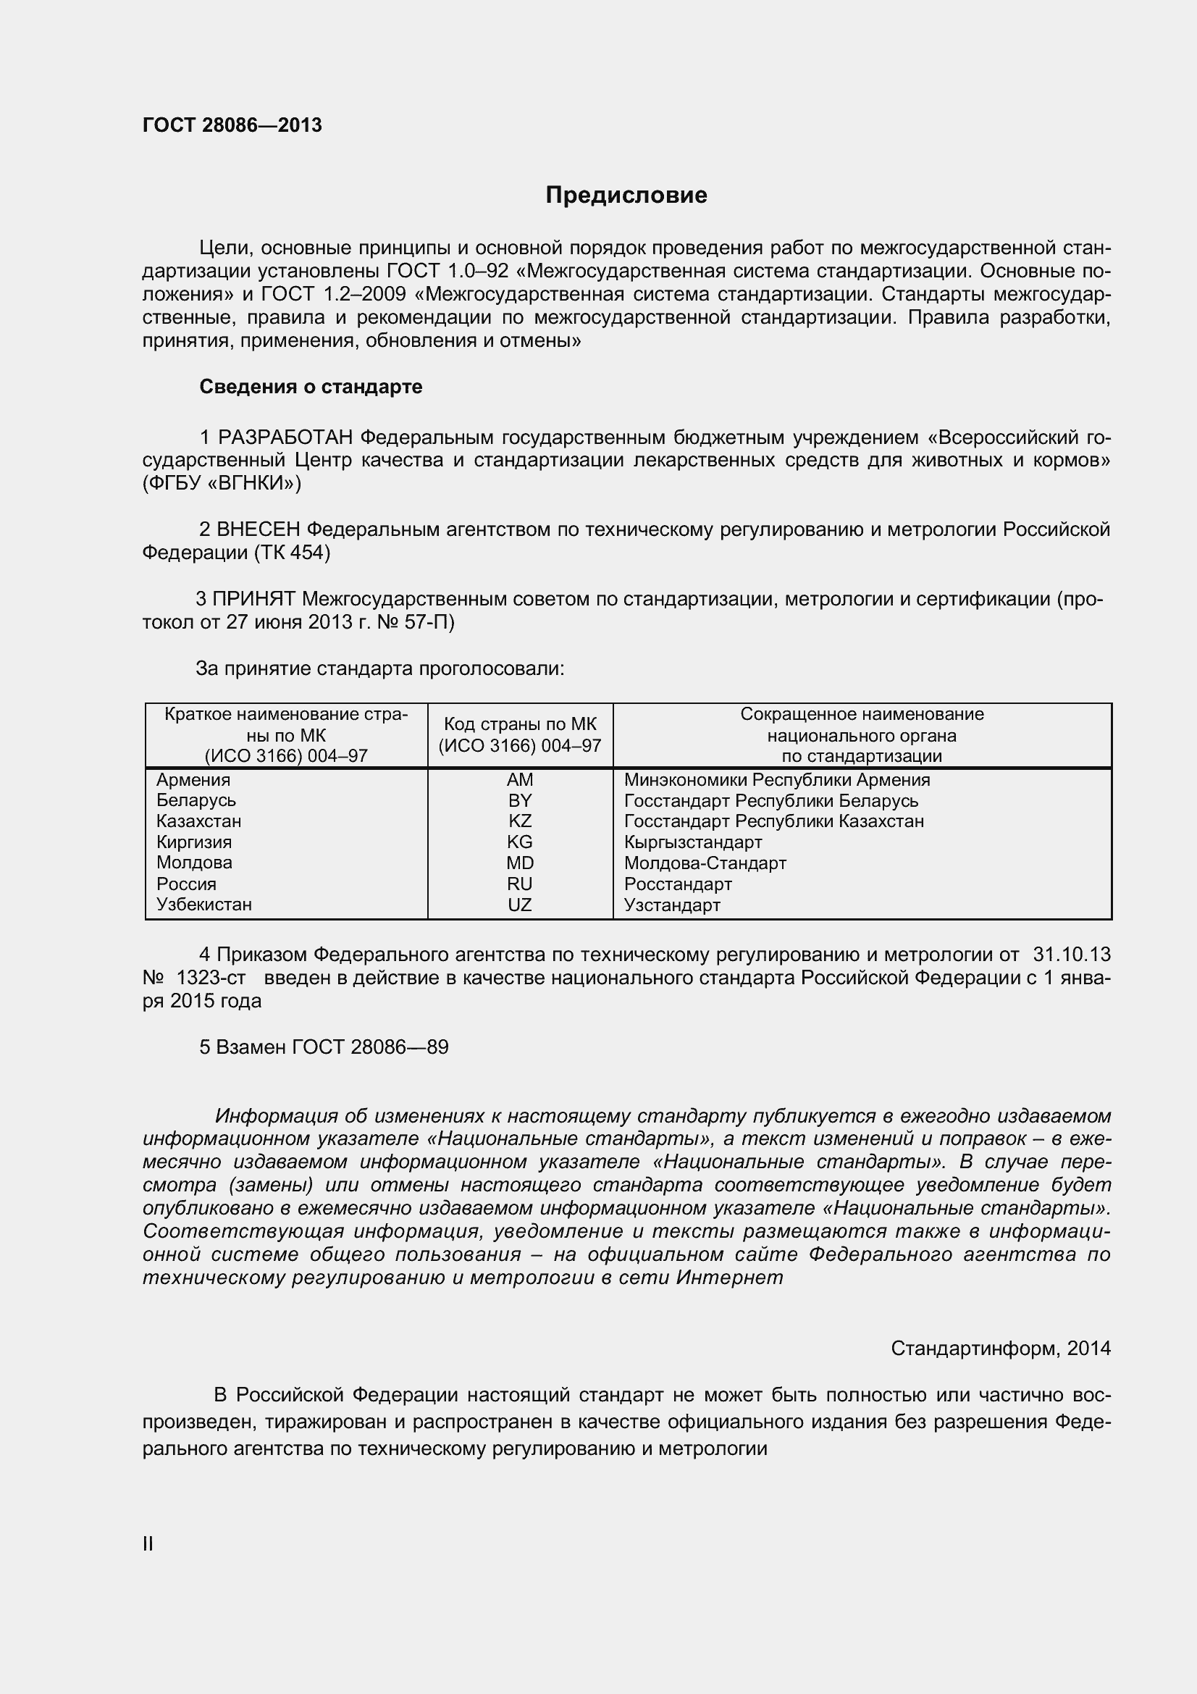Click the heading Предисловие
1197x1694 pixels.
626,195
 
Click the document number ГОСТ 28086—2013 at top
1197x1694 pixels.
232,125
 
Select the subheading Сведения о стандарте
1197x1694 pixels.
311,387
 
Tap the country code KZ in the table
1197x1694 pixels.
519,821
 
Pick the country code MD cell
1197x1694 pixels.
519,863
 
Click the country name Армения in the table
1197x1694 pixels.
193,780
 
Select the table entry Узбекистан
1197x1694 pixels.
204,904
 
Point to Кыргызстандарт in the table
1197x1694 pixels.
692,842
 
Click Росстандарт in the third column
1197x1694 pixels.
678,884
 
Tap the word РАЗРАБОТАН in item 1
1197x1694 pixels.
285,437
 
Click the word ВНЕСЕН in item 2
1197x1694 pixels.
259,529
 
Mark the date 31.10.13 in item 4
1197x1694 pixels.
1071,954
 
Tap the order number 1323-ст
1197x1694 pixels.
211,978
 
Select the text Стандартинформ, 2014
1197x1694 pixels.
1000,1348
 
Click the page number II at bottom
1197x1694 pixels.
148,1543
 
